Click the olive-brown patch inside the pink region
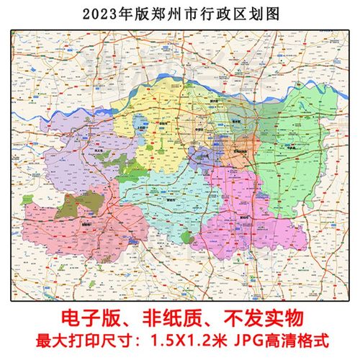click(71, 205)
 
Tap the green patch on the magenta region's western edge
click(188, 237)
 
